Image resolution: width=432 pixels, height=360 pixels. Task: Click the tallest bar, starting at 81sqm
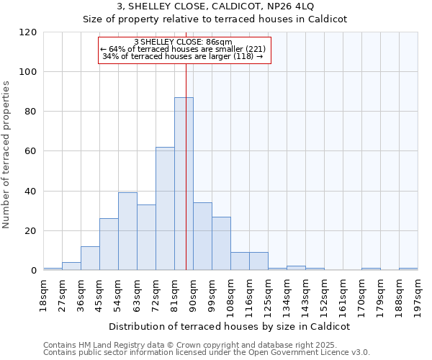click(184, 184)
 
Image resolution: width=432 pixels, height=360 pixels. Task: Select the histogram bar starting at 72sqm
click(165, 209)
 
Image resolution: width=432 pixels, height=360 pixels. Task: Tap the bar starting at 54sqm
click(127, 231)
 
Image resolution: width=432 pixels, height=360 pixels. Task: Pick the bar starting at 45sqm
click(109, 245)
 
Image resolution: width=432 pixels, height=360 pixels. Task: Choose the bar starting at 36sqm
click(90, 258)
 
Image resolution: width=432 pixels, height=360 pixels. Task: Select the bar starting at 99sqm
click(221, 243)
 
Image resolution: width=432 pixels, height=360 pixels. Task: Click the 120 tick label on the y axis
click(28, 32)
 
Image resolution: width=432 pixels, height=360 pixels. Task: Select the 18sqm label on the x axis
click(44, 294)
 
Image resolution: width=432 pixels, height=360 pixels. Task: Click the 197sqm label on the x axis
click(418, 294)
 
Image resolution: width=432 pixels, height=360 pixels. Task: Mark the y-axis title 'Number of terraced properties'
click(7, 154)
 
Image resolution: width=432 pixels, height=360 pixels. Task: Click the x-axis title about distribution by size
click(230, 326)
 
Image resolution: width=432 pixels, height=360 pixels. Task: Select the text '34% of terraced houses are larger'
click(169, 56)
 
